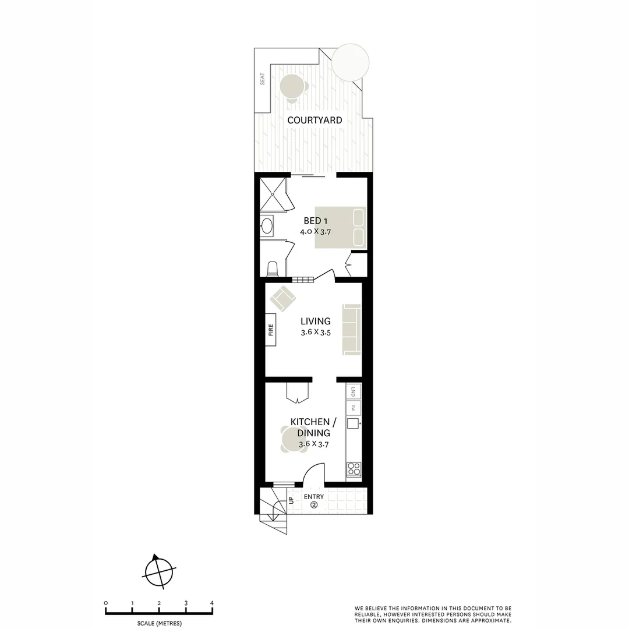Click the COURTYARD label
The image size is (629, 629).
click(x=314, y=121)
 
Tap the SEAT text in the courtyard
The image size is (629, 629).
click(x=263, y=79)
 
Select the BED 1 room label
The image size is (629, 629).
click(x=316, y=221)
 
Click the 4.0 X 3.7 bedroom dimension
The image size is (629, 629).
click(x=316, y=231)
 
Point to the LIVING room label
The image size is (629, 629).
click(x=315, y=321)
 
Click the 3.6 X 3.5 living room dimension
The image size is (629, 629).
click(x=315, y=333)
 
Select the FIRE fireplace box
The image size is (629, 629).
click(x=271, y=330)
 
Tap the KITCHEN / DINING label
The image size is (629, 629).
click(x=314, y=427)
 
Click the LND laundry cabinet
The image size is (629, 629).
click(x=354, y=391)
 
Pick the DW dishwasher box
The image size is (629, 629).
click(x=354, y=408)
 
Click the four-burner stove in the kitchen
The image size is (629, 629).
click(x=354, y=469)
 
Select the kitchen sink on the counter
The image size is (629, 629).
click(x=353, y=423)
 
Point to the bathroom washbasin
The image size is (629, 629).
click(x=266, y=225)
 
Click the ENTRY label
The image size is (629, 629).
click(x=314, y=497)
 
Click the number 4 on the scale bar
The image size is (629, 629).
click(x=212, y=603)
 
